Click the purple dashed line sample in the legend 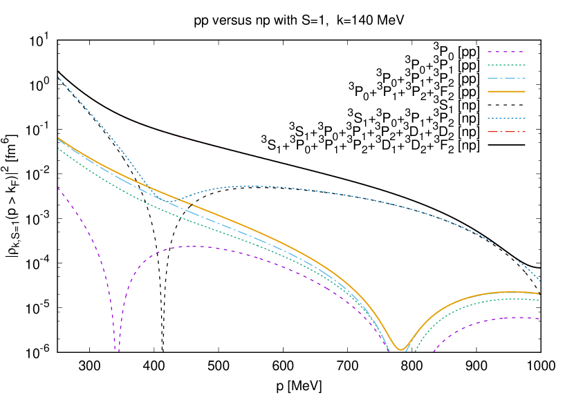click(506, 52)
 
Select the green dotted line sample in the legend click(506, 65)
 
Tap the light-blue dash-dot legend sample click(506, 78)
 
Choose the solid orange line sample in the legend click(506, 91)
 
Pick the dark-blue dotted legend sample click(506, 118)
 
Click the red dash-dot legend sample click(506, 131)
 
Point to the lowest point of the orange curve click(400, 349)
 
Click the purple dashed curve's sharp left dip click(117, 349)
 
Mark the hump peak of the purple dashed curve click(194, 246)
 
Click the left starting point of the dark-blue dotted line click(58, 77)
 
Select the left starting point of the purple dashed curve click(58, 188)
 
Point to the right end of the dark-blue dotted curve click(539, 280)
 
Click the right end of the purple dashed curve click(539, 319)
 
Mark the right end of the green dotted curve click(539, 300)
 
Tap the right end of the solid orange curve click(539, 293)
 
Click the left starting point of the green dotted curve click(58, 148)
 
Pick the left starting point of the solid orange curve click(58, 137)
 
